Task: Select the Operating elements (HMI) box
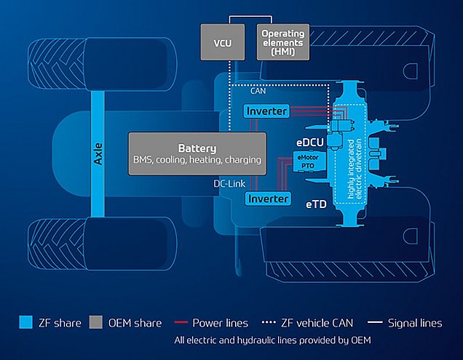pos(284,43)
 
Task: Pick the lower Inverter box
pos(267,199)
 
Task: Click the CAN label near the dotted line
pos(258,92)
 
